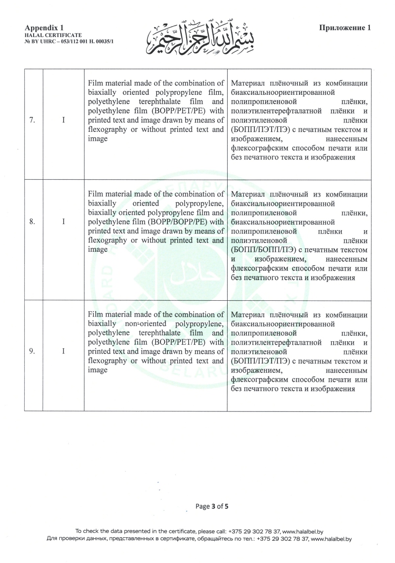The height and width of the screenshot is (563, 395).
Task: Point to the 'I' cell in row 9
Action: coord(64,351)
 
